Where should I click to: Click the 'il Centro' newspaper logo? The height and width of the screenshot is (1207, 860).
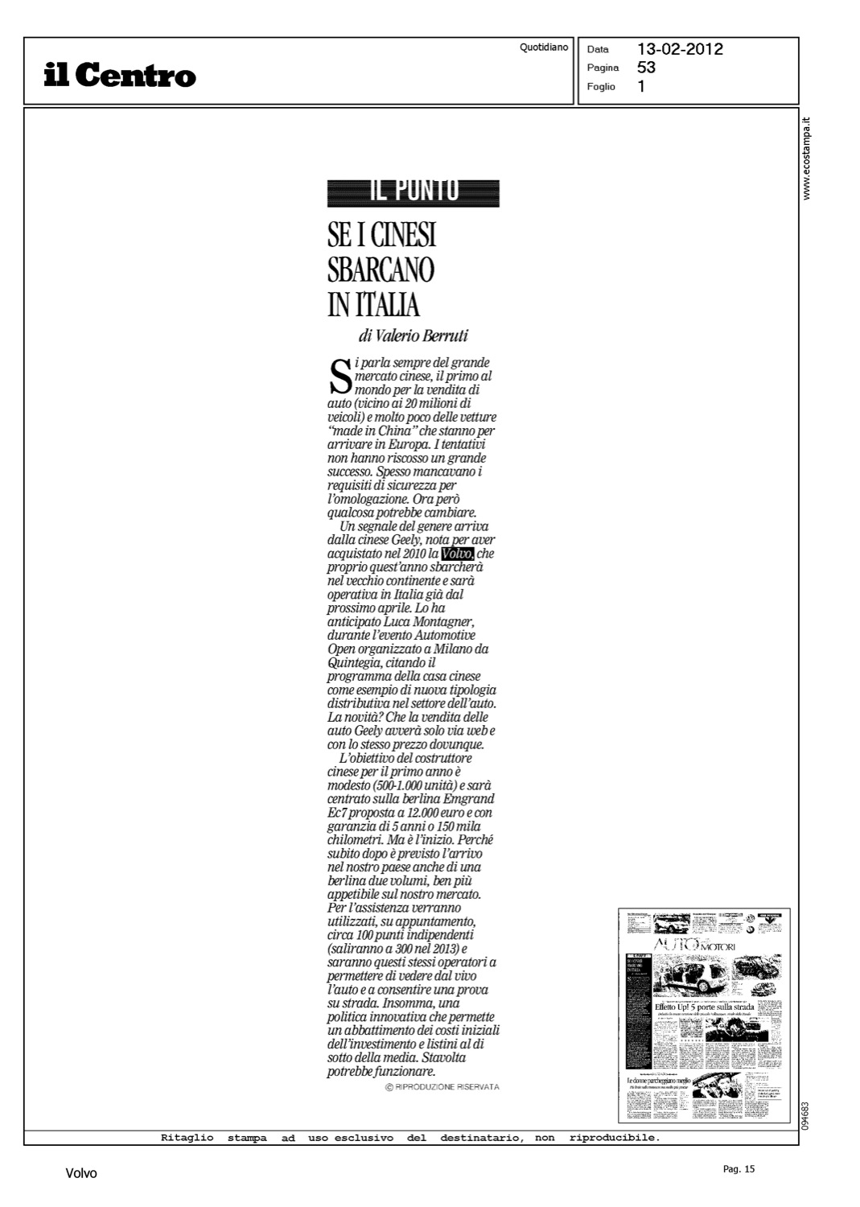click(120, 76)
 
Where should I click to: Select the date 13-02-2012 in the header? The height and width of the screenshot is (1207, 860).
click(680, 49)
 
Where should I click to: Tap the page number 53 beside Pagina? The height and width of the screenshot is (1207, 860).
click(646, 68)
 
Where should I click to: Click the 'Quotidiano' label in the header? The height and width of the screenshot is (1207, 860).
click(544, 47)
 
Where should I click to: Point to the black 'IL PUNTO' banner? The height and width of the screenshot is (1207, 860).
click(414, 193)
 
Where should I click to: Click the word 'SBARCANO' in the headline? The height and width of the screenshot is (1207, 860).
click(381, 270)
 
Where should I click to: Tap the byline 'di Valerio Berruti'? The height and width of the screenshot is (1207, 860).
click(414, 336)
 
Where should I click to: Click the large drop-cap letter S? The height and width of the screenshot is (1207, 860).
click(340, 377)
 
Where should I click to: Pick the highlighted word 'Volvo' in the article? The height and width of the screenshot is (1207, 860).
click(457, 554)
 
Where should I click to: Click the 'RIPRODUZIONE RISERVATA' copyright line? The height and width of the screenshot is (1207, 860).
click(442, 1087)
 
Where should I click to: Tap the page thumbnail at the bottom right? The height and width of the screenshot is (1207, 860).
click(704, 1015)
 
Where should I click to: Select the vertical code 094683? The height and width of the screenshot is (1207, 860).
click(806, 1115)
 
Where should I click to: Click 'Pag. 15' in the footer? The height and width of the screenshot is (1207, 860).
click(739, 1170)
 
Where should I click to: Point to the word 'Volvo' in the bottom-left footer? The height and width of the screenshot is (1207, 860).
click(81, 1173)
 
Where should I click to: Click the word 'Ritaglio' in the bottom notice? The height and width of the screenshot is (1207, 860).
click(187, 1138)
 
